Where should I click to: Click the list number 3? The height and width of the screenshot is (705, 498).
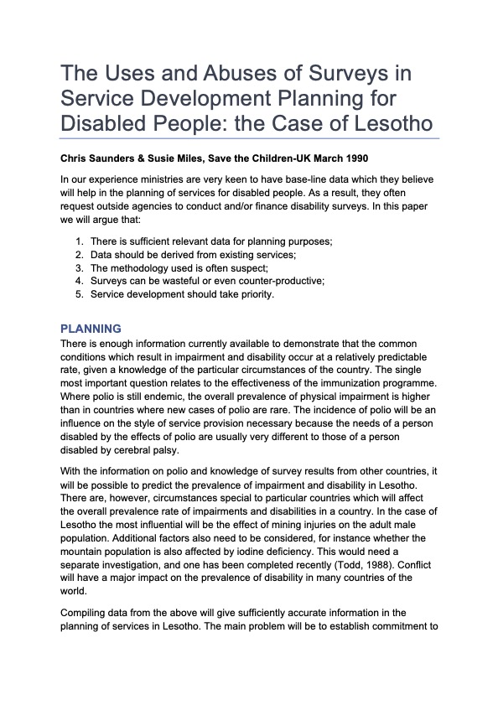coord(79,267)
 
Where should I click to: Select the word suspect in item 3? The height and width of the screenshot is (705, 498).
coord(241,267)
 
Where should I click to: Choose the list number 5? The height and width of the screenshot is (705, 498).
coord(79,294)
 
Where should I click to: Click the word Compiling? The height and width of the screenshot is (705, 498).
coord(88,613)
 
